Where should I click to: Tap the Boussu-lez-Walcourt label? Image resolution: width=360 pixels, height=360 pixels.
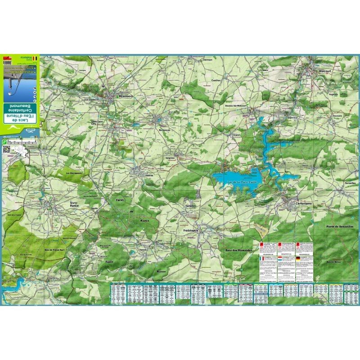pos(236,105)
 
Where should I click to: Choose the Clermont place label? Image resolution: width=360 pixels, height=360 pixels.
pos(207,59)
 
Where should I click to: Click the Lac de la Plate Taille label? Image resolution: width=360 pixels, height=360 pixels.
pos(242,181)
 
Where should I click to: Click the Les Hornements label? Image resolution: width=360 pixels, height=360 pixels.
pos(73,173)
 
